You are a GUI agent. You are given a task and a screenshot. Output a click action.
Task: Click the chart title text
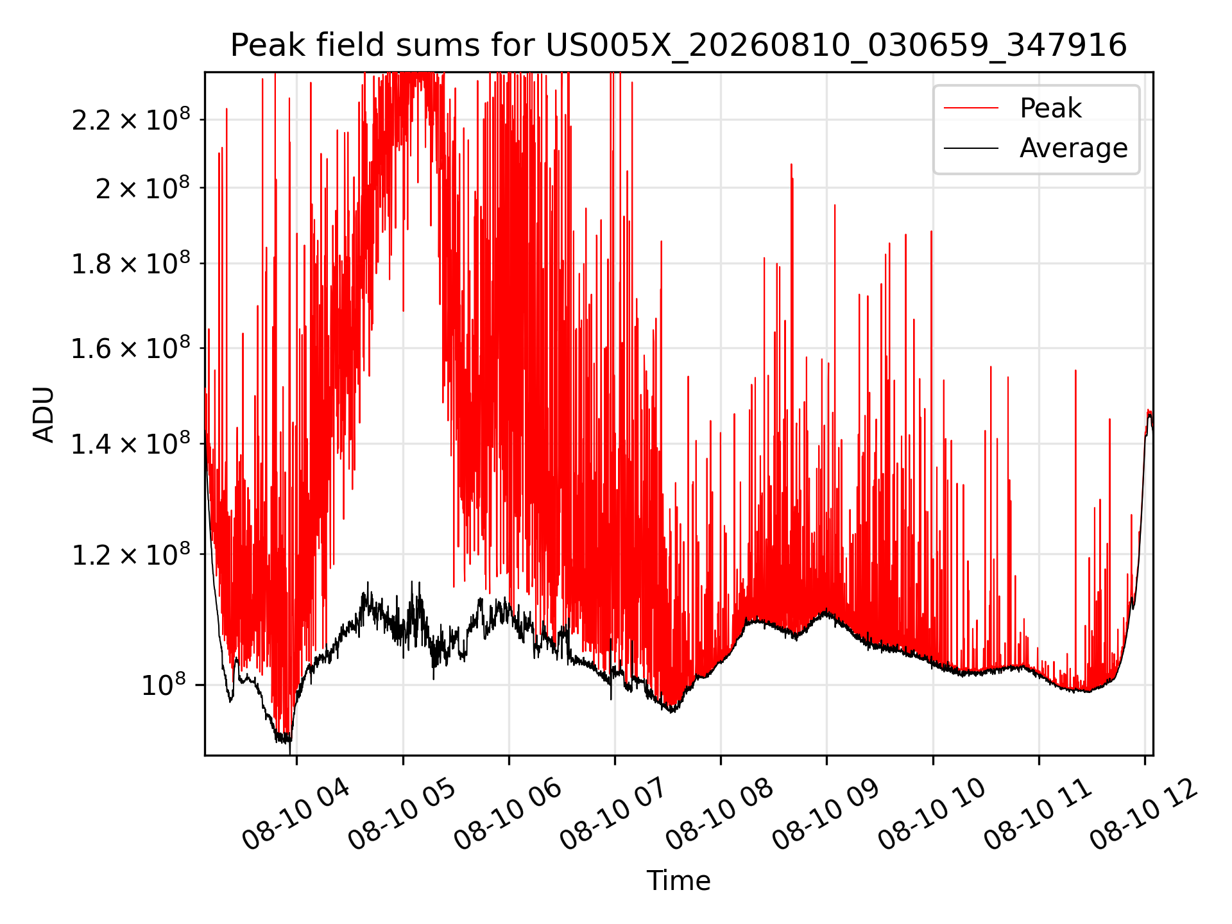tap(678, 46)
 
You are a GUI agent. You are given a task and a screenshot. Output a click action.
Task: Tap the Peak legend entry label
tap(1050, 108)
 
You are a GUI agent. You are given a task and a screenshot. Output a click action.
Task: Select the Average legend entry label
tap(1074, 148)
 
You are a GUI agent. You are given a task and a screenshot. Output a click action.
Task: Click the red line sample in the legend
tap(971, 108)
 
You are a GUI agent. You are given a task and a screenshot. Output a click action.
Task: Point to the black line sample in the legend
tap(971, 148)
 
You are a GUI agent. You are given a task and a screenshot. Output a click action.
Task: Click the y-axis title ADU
tap(44, 414)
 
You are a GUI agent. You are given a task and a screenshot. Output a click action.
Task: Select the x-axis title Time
tap(678, 880)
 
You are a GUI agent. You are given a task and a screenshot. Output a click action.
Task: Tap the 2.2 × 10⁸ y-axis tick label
tap(131, 119)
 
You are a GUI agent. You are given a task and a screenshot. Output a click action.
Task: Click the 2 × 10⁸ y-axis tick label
tap(142, 188)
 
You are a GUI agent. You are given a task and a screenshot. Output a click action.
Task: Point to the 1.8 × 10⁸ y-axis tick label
tap(131, 263)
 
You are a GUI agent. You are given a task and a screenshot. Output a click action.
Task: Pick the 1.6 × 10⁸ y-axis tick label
tap(131, 348)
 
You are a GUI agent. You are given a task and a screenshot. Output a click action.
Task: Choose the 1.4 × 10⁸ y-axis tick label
tap(131, 443)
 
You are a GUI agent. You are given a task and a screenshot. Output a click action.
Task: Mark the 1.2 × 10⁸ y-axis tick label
tap(131, 554)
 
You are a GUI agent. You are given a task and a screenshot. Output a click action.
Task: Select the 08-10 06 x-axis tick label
tap(508, 814)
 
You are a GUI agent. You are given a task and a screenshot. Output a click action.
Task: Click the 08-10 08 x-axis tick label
tap(720, 814)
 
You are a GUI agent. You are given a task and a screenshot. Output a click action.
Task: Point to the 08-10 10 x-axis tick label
tap(932, 814)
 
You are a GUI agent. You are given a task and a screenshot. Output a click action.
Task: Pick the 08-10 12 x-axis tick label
tap(1144, 814)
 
